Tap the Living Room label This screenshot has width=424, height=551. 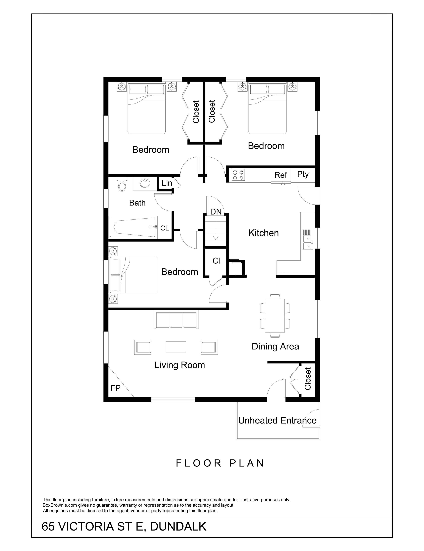(179, 365)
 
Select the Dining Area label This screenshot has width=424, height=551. (275, 346)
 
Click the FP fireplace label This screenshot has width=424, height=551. (115, 388)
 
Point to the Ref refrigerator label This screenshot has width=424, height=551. (281, 175)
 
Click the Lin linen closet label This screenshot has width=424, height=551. (167, 183)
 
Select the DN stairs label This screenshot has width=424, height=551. (216, 212)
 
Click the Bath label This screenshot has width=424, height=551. (137, 203)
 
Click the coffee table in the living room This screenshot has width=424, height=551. (176, 347)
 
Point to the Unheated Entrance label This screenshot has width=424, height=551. (277, 420)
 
